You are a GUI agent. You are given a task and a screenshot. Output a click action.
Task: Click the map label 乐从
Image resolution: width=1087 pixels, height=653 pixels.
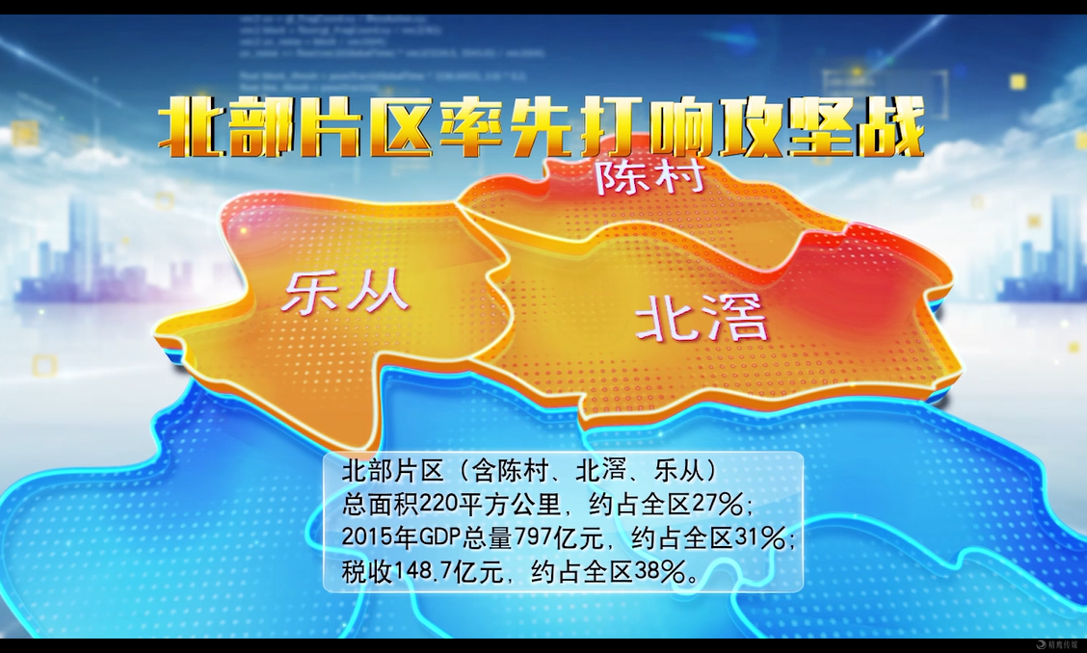345,291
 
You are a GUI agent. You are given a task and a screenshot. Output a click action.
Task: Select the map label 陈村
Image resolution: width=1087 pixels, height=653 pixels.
651,176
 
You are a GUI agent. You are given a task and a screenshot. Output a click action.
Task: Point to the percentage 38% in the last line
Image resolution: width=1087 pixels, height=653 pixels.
659,571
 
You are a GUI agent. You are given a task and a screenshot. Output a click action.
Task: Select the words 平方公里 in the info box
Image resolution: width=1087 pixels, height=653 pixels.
513,504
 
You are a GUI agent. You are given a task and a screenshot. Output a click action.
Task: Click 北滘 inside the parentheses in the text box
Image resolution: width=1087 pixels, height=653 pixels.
600,471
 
